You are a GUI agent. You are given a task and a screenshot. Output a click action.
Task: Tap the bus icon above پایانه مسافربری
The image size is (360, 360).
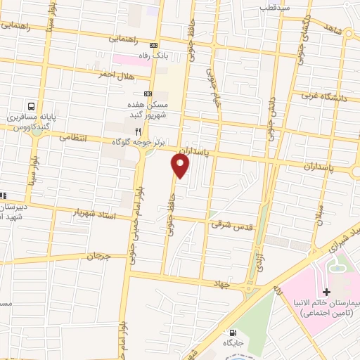click(x=32, y=103)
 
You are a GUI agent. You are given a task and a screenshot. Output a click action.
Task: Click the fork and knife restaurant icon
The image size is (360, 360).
click(x=139, y=130)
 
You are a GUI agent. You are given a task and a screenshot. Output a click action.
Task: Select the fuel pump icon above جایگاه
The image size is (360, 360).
click(x=233, y=333)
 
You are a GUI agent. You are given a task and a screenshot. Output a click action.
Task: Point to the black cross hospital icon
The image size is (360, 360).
click(x=326, y=292)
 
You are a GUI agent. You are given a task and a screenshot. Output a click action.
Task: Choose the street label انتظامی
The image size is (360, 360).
click(x=71, y=137)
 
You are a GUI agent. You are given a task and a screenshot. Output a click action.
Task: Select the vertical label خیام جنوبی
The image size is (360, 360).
click(x=211, y=86)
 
